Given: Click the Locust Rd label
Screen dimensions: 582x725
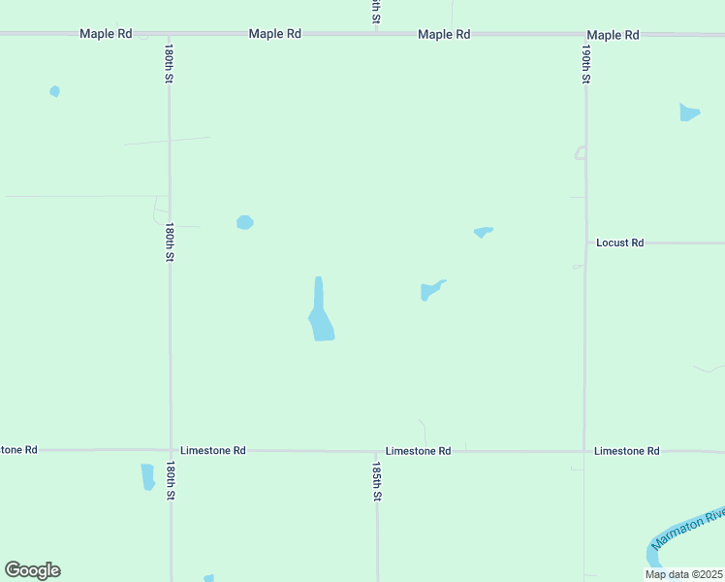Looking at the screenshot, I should pos(619,242).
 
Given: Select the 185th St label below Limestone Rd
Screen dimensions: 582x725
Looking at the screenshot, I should pos(377,480).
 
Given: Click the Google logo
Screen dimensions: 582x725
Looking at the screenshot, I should pos(32,570).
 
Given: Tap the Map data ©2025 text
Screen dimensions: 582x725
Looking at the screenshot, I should pos(683,574).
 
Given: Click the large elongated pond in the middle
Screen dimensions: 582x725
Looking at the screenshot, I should pos(321,314).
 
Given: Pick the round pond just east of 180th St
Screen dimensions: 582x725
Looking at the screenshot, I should pos(245,222).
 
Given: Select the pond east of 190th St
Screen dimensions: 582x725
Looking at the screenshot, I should pos(689,113).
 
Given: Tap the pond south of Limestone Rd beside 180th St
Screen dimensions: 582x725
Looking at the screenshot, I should pos(147,476).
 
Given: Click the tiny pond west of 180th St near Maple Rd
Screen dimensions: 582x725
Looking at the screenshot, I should pos(55,91).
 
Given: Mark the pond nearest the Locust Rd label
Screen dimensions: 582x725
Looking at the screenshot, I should pos(483,232).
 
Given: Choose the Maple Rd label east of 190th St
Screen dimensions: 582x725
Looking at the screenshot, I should pos(613,35).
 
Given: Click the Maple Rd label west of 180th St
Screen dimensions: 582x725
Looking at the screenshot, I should pos(106,34).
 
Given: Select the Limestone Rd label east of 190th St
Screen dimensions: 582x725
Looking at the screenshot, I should pos(626,451).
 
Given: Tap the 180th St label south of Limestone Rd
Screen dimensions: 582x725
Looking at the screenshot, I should pos(170,480).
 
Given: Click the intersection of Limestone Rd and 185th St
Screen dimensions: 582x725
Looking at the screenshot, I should pos(377,451).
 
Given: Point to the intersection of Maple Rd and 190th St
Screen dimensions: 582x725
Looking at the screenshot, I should pos(585,35).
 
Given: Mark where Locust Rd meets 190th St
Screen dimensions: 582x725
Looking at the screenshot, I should pos(585,242).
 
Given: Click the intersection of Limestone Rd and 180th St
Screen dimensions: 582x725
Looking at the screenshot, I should pos(171,450).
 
